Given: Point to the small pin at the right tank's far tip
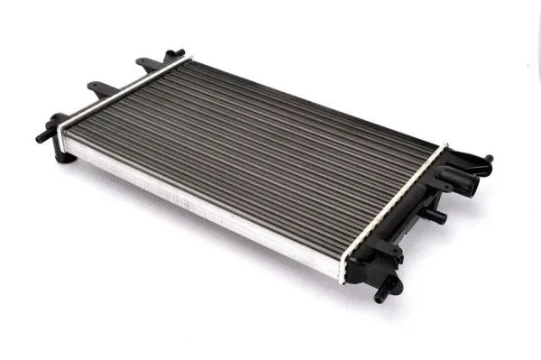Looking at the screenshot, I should click(x=488, y=160).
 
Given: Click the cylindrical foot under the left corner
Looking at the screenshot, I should click(x=63, y=156).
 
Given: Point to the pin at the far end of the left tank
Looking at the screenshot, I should click(x=178, y=53).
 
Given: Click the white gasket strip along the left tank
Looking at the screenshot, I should click(x=122, y=90).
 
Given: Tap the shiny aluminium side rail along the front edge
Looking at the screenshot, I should click(x=198, y=208).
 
